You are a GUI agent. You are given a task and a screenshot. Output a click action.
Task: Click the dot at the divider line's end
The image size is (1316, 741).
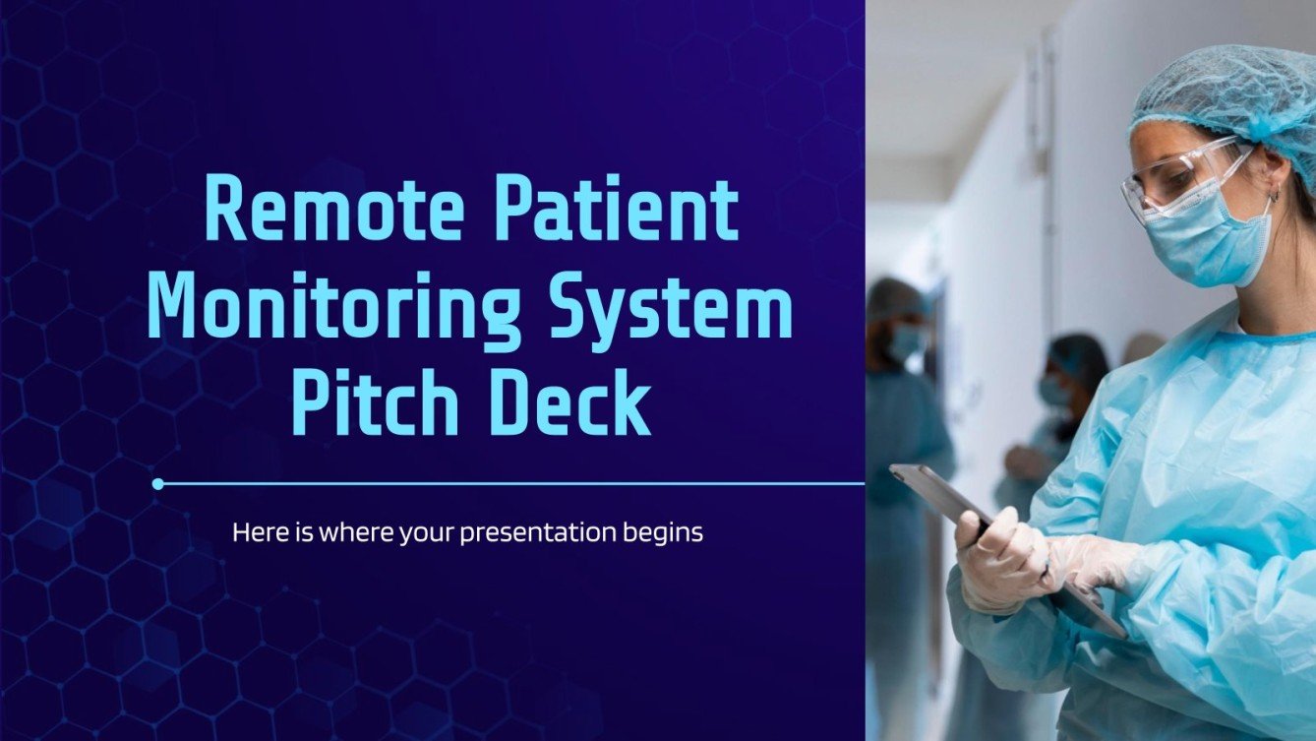158,483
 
